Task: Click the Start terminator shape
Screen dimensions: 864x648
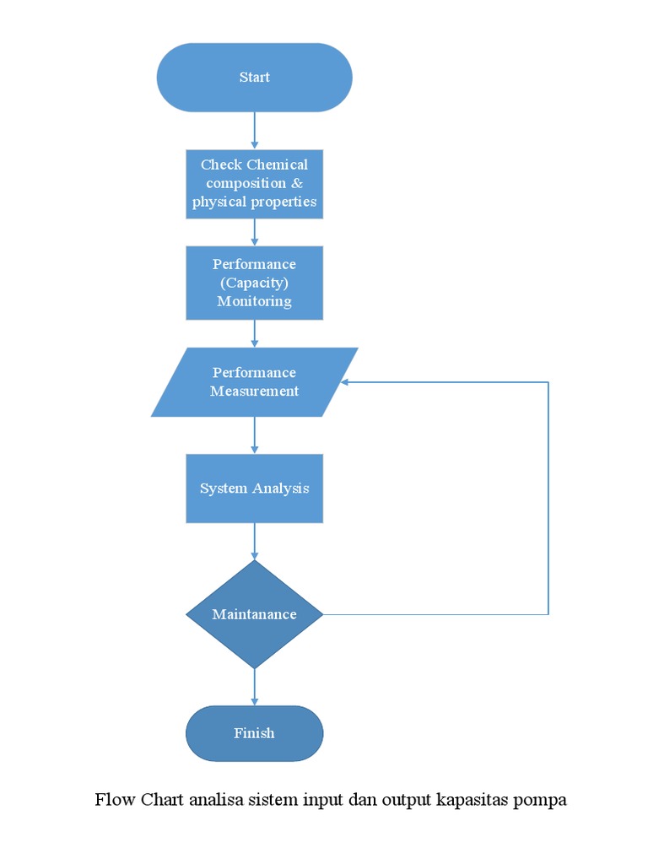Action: [x=254, y=78]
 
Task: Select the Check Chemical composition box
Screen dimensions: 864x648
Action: [x=254, y=183]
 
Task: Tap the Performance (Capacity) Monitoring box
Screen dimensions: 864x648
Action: [x=254, y=283]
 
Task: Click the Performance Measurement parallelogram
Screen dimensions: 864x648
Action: [x=254, y=382]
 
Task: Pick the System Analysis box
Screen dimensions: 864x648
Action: [x=254, y=489]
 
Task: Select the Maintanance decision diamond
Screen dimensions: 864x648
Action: [x=254, y=614]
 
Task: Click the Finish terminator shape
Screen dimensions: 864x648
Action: [x=254, y=733]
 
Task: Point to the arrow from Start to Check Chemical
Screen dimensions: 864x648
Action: [x=254, y=131]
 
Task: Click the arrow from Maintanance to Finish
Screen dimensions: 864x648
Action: [x=254, y=687]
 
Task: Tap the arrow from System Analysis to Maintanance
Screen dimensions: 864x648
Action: [x=254, y=542]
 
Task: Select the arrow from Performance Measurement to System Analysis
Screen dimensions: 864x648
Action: [x=254, y=435]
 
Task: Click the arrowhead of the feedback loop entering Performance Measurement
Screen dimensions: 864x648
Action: [x=346, y=382]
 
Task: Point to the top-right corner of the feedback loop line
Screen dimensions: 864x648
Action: [x=548, y=382]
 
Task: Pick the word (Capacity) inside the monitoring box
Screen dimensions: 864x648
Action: [x=254, y=283]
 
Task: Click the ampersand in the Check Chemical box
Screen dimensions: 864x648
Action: [x=297, y=183]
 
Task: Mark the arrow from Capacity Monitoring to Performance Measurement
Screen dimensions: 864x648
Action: [x=254, y=334]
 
